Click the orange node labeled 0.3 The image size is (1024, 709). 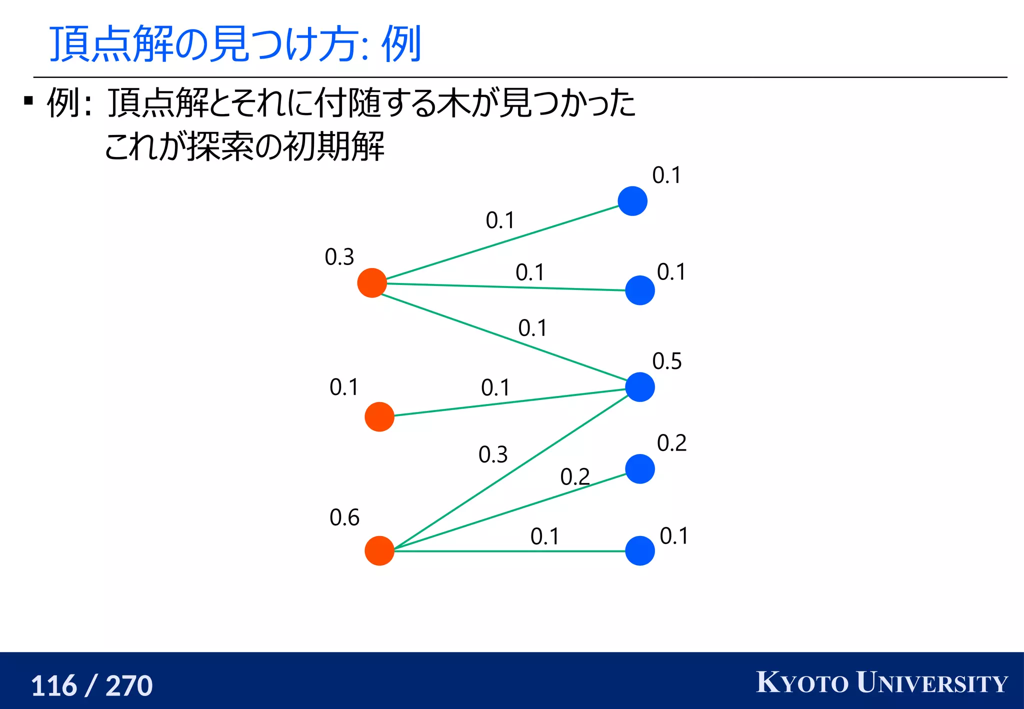372,283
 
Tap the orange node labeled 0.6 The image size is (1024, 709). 379,550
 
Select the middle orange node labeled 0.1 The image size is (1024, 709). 379,416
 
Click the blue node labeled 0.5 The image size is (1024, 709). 640,387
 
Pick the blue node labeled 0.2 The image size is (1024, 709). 640,469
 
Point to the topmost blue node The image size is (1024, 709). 632,201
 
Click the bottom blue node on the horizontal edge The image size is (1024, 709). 640,550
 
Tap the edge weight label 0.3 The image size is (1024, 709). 493,454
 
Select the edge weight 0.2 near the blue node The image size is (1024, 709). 575,476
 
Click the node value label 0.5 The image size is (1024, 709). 667,361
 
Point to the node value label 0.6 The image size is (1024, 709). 344,517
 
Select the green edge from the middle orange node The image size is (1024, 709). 510,402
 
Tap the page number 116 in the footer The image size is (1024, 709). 54,685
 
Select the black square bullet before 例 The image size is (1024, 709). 28,101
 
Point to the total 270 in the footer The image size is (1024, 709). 129,685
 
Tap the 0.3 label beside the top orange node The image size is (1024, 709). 339,257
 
